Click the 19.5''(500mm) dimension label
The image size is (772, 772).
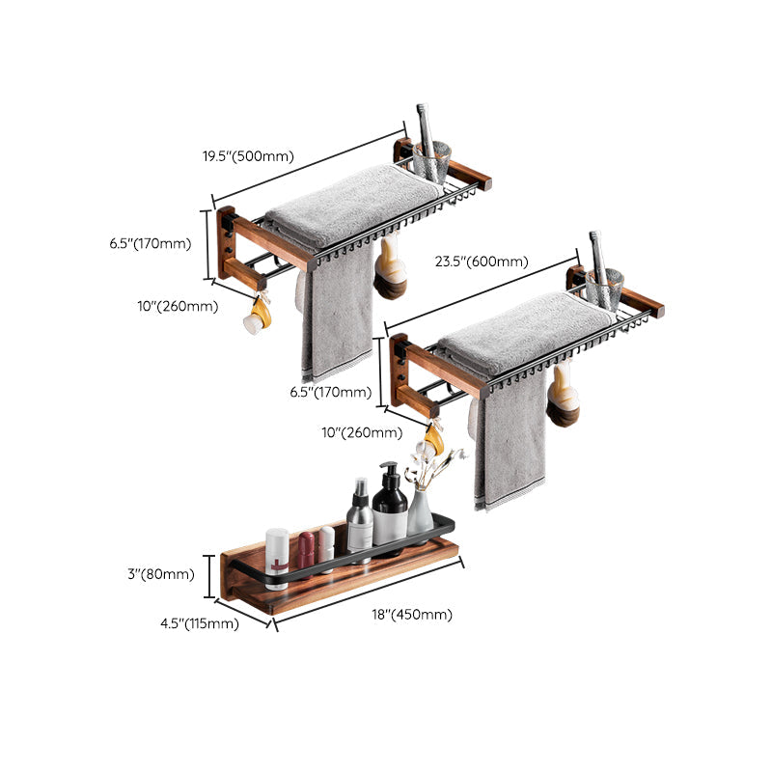247,156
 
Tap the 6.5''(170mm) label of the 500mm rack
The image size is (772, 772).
151,244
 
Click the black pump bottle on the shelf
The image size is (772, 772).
390,506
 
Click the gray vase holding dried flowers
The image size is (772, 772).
421,511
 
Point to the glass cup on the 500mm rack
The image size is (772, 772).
431,160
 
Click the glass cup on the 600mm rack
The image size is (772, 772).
605,289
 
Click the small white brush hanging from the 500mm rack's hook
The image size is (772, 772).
257,316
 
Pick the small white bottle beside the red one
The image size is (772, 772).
326,548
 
